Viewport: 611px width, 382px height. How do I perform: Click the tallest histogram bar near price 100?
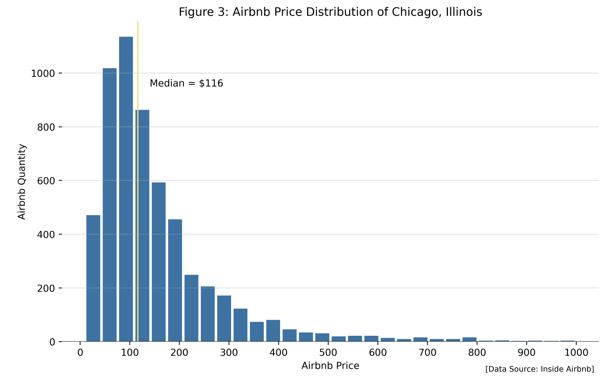(126, 190)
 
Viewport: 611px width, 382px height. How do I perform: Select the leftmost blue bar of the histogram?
(93, 279)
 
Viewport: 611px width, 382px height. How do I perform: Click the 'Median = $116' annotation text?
(186, 83)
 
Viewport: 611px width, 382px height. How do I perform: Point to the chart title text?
(330, 12)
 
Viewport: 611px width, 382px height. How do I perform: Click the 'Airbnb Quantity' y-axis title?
(22, 182)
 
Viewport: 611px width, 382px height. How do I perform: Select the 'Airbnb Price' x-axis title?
(330, 366)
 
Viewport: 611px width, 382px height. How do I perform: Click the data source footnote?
(539, 369)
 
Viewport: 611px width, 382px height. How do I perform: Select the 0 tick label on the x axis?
(80, 353)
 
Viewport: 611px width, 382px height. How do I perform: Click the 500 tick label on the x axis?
(328, 353)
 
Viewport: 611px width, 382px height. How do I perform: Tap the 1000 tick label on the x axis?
(576, 353)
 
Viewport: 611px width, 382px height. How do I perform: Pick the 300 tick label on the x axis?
(229, 353)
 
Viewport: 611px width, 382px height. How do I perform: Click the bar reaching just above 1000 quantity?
(110, 205)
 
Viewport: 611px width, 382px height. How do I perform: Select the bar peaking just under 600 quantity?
(159, 262)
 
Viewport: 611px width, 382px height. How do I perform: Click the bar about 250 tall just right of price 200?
(191, 308)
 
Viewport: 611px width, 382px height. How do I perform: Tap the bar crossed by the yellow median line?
(144, 227)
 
